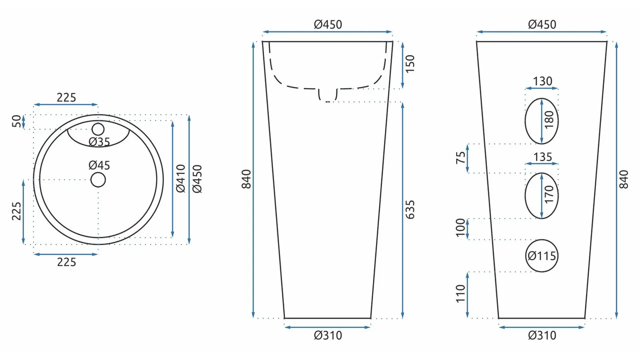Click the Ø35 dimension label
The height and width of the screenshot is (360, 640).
[x=99, y=142]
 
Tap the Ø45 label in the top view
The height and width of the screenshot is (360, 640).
[x=99, y=165]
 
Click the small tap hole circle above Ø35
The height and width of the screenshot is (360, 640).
[x=98, y=129]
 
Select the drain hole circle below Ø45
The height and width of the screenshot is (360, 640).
[x=98, y=180]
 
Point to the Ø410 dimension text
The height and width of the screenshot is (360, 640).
[x=180, y=179]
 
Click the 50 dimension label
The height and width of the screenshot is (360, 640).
[x=17, y=121]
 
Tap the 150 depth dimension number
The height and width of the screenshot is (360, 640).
[x=410, y=64]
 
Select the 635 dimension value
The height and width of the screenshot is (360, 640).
[x=410, y=210]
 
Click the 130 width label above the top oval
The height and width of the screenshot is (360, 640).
[x=542, y=81]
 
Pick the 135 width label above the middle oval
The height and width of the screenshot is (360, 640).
[x=542, y=157]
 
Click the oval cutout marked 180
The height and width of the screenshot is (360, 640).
[x=541, y=121]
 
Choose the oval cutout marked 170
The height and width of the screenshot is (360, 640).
[x=541, y=195]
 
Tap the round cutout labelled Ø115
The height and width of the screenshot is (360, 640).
[x=542, y=256]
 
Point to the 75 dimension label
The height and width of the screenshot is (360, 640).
[x=461, y=158]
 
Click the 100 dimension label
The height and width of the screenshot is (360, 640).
[x=461, y=228]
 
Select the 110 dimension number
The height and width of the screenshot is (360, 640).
[x=461, y=294]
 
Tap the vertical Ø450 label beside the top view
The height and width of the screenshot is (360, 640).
[x=197, y=179]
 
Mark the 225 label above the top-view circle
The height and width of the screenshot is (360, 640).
[x=66, y=97]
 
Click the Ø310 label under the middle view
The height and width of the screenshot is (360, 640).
[x=328, y=335]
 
